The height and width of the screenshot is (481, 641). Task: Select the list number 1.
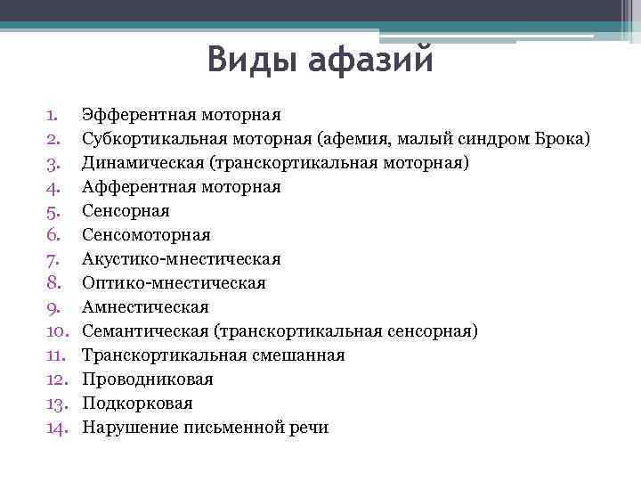[52, 115]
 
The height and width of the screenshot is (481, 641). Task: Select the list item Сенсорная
[126, 211]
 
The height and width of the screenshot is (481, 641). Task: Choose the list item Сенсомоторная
[146, 235]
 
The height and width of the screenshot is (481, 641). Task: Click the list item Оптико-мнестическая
[174, 283]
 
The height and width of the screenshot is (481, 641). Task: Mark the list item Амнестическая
[145, 307]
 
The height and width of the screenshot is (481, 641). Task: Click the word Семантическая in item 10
[145, 331]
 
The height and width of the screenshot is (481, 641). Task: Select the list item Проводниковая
[147, 379]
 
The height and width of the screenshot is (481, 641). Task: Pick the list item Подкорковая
[137, 404]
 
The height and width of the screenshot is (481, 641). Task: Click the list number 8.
[52, 283]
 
